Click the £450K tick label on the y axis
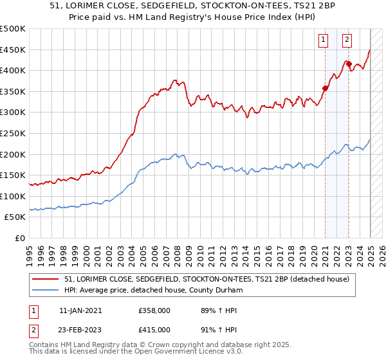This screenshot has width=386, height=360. [13, 50]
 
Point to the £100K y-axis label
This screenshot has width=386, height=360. [13, 196]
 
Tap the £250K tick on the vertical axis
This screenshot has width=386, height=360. [13, 133]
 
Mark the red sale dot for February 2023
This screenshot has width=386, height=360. [349, 64]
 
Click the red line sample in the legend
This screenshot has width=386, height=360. [46, 279]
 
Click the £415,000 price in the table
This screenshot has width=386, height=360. [153, 329]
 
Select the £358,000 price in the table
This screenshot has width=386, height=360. [153, 310]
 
